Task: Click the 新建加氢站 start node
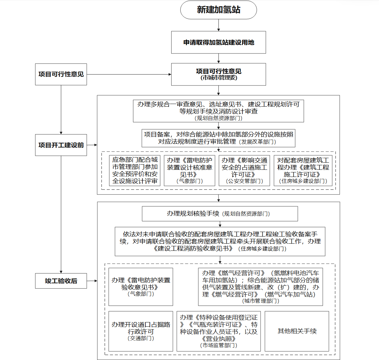click(x=218, y=10)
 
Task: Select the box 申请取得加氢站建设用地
click(x=218, y=42)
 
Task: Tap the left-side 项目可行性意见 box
click(x=61, y=75)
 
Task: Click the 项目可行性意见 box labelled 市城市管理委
click(x=218, y=75)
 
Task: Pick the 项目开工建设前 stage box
click(x=61, y=145)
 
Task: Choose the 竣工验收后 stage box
click(x=61, y=281)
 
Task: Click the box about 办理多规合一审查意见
click(x=218, y=111)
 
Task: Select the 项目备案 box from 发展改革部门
click(x=218, y=138)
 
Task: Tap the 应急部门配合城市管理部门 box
click(x=135, y=170)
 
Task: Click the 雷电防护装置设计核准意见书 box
click(x=189, y=170)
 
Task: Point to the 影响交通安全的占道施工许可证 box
click(x=244, y=170)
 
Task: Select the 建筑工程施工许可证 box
click(x=303, y=170)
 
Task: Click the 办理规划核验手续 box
click(x=220, y=214)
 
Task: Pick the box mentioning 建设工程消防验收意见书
click(x=220, y=241)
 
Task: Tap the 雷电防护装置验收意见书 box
click(x=141, y=287)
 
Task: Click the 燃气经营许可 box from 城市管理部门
click(x=261, y=287)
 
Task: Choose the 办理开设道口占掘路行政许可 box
click(x=141, y=331)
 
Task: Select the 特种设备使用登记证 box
click(x=218, y=331)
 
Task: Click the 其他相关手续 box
click(x=297, y=331)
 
